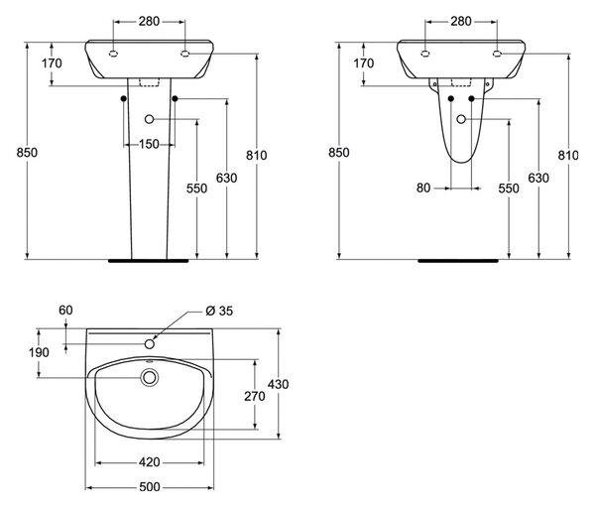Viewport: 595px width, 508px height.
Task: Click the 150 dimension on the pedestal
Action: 149,144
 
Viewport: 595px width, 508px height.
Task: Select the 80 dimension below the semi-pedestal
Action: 423,188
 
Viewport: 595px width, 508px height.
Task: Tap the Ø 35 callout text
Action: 219,311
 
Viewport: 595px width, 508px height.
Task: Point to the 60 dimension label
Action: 65,311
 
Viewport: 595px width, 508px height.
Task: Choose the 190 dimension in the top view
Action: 39,352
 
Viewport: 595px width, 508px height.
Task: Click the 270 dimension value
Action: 254,396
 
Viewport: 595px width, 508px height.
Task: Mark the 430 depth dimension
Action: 278,384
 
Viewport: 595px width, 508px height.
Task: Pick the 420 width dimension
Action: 149,462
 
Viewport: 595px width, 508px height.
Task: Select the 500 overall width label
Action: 149,487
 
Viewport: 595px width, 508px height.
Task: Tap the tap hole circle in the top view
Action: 150,344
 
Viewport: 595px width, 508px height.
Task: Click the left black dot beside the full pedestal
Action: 123,98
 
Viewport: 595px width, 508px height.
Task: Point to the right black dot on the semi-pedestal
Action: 471,98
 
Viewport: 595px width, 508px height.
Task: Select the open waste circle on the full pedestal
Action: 149,119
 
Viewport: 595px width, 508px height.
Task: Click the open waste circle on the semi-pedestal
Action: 461,119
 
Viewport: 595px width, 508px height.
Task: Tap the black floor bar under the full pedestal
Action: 149,261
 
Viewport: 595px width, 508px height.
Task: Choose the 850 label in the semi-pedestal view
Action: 338,152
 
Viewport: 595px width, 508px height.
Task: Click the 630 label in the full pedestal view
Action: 226,178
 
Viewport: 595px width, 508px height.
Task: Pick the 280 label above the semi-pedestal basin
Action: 461,21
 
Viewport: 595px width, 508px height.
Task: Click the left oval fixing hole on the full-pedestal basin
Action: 113,54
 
